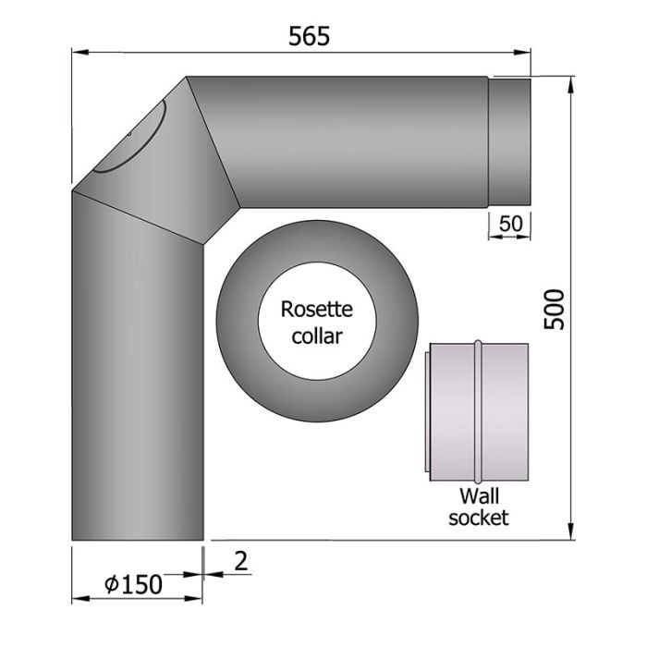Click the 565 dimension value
309,36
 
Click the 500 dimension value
554,310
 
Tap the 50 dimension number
510,224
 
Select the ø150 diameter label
133,584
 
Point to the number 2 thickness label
241,561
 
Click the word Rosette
316,309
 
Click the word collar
316,336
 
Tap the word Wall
479,495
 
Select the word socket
479,518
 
